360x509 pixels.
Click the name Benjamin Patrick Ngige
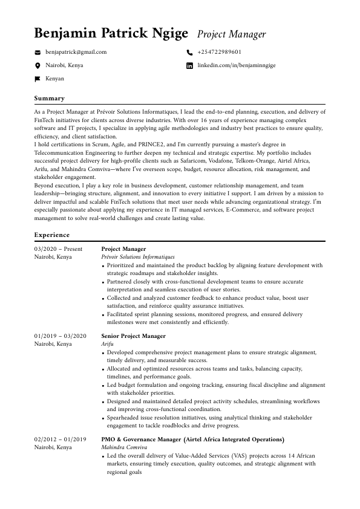click(111, 33)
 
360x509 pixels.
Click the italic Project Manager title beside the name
click(232, 34)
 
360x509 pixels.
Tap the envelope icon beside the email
click(38, 53)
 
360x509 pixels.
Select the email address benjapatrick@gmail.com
click(76, 52)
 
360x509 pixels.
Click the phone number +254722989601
click(219, 52)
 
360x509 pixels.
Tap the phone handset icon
click(189, 53)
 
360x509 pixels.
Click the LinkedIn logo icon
click(189, 65)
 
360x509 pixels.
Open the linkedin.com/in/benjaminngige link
click(236, 65)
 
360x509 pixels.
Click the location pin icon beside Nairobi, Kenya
click(38, 65)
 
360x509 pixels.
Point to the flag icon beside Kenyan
click(38, 79)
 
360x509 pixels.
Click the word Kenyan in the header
click(54, 79)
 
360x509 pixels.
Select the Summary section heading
click(49, 98)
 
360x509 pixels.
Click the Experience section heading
click(52, 234)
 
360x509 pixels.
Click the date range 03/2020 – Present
click(58, 248)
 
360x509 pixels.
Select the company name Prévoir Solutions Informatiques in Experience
click(137, 257)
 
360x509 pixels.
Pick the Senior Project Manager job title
click(133, 336)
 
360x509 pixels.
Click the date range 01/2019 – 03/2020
click(61, 336)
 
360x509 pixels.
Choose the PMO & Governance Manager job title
click(192, 439)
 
